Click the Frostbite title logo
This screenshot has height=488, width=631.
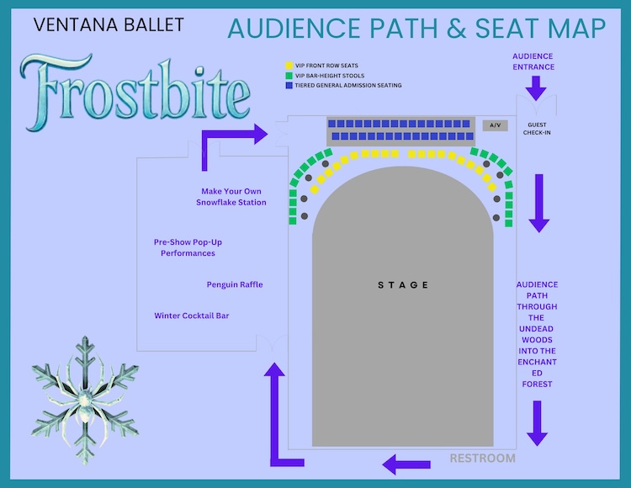135,93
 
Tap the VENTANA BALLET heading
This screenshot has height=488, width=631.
109,25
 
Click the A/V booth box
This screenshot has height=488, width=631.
495,125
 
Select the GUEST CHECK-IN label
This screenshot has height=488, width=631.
537,129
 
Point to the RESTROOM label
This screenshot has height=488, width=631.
483,459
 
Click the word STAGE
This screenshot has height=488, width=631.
403,285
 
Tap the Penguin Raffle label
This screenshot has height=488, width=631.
235,284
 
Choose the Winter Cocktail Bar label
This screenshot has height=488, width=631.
192,316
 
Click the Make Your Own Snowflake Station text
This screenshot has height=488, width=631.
231,197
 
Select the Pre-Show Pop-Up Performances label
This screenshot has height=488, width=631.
188,247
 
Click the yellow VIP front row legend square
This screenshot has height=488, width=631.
289,66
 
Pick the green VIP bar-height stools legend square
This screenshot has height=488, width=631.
289,76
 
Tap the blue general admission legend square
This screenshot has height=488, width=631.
289,85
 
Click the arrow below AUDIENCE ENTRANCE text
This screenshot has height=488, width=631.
536,88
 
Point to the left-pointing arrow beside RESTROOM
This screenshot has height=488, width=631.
406,464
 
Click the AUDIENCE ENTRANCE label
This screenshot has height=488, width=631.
533,61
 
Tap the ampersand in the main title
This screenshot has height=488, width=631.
456,28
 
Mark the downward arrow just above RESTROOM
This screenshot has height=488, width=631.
538,423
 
